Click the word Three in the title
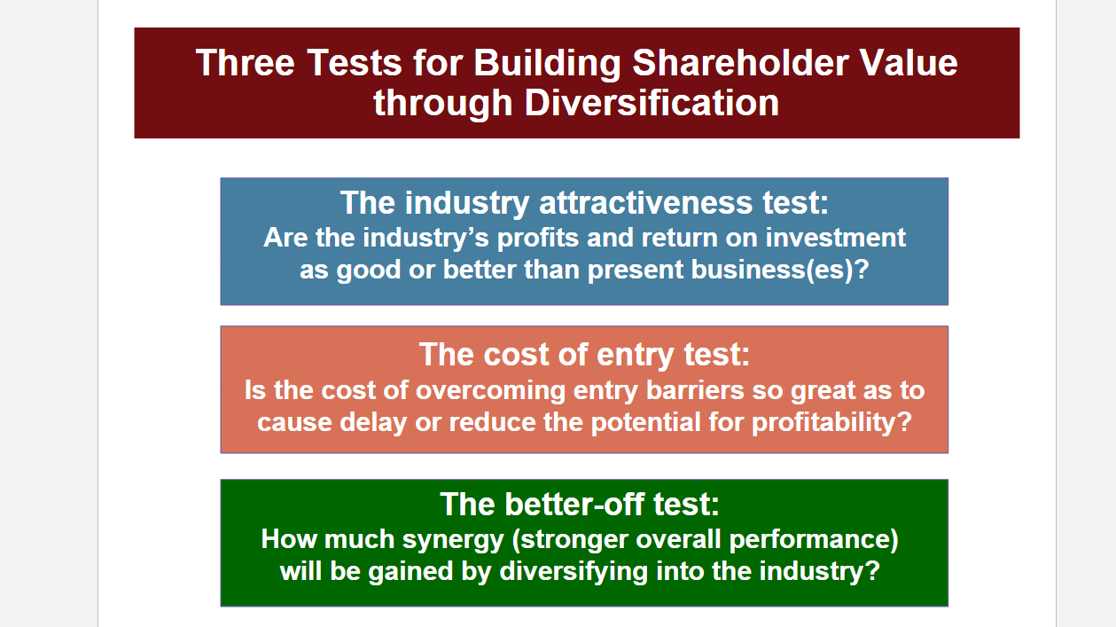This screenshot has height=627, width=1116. (246, 63)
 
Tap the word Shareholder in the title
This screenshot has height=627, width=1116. (741, 63)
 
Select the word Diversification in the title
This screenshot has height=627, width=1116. (652, 103)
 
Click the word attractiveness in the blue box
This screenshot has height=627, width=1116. (645, 203)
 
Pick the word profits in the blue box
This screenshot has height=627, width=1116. (538, 238)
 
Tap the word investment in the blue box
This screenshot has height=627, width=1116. (836, 238)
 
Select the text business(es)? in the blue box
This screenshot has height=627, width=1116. (780, 270)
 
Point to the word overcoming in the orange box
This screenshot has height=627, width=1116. (490, 390)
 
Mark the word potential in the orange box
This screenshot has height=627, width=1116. (645, 423)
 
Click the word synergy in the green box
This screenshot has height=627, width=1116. (453, 540)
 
